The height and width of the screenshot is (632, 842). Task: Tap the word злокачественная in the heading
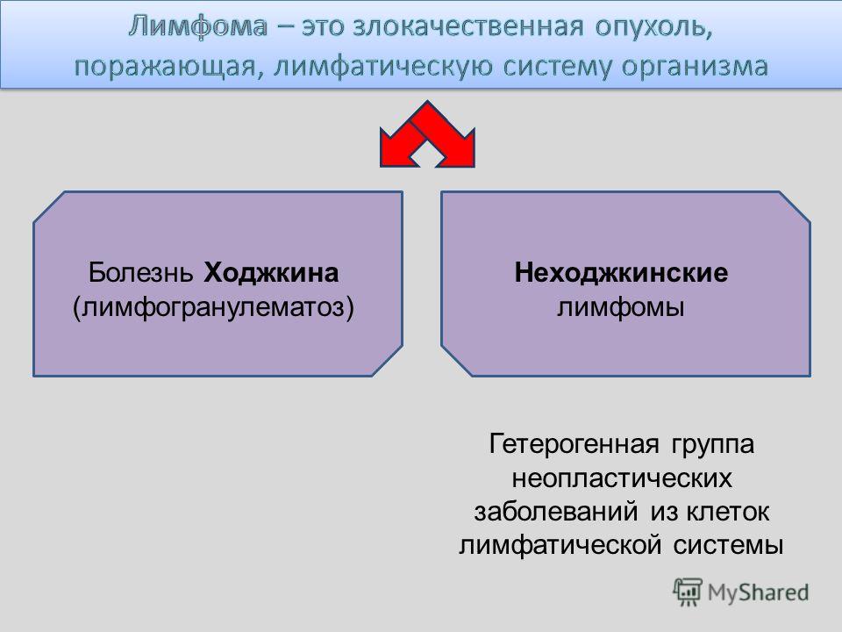468,25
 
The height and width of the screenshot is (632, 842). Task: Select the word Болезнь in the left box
140,272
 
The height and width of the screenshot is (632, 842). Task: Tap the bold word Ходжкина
271,273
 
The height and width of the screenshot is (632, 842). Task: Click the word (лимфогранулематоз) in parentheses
214,308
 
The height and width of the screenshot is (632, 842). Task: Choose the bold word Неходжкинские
621,273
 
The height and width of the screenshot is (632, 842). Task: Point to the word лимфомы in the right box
621,308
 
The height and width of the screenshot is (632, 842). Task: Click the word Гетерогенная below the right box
574,444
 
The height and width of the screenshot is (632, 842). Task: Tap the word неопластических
621,478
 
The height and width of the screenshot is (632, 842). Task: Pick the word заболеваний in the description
556,512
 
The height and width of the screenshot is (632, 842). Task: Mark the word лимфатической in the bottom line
560,545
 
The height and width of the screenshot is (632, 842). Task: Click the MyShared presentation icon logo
688,592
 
